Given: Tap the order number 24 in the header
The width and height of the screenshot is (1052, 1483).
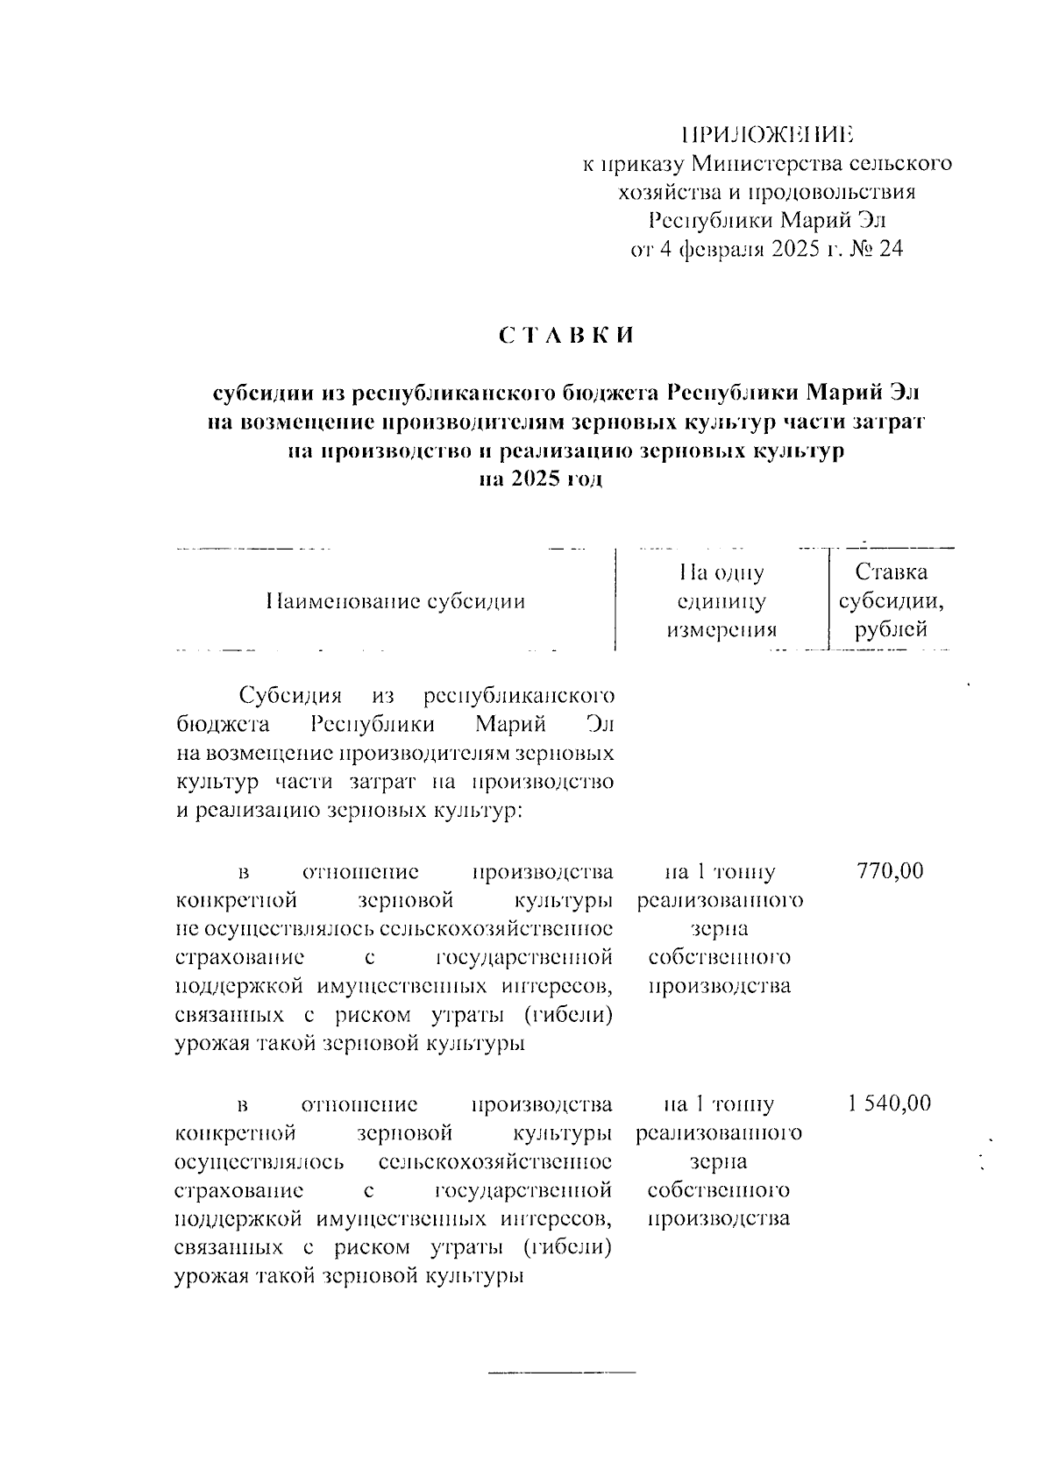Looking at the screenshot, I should coord(890,250).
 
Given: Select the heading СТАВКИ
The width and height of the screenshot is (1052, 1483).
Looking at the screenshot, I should coord(566,336).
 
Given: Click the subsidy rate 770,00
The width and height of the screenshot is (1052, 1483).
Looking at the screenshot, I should coord(889,871).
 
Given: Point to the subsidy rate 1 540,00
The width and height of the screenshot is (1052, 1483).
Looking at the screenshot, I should coord(889,1103).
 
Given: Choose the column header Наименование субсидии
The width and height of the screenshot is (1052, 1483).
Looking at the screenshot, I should coord(395,601).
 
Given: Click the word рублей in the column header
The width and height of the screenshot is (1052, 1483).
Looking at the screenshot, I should coord(892,629).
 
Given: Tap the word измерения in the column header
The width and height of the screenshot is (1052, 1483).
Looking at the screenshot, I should coord(721,629).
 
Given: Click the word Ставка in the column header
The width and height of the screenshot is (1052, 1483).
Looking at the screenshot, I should coord(892,573).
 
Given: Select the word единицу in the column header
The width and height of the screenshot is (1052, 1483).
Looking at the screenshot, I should coord(721,601).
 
